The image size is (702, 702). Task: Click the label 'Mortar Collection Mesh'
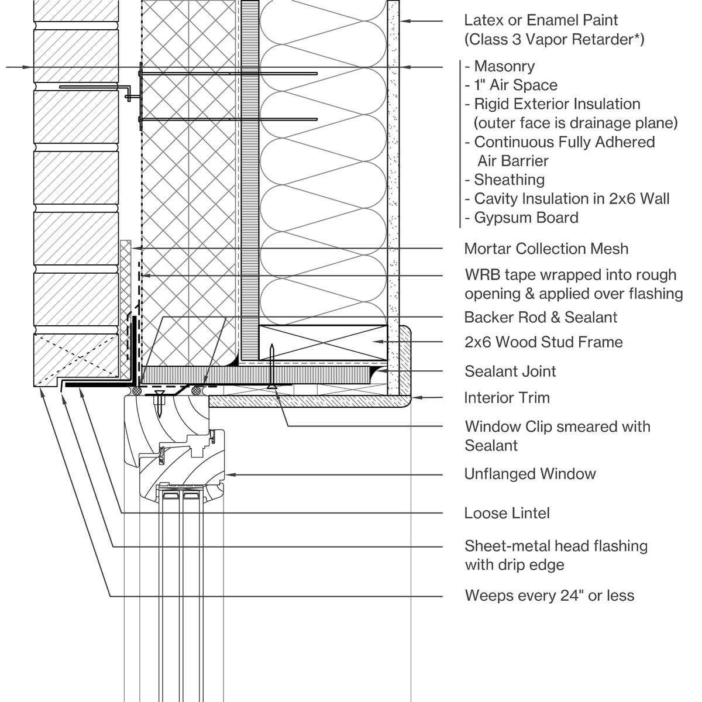coord(546,249)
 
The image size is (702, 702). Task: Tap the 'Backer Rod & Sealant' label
coord(541,317)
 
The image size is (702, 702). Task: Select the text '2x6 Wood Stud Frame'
coord(543,342)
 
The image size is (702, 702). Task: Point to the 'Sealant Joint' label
coord(510,371)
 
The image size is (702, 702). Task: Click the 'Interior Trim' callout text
coord(507,398)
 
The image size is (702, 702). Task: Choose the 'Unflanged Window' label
coord(530,474)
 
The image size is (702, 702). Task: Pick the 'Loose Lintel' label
coord(507,513)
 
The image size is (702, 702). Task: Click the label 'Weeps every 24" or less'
coord(549,596)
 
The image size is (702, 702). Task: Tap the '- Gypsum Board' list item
coord(521,218)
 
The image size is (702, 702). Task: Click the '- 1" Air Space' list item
coord(511,85)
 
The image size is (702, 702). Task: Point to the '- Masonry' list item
coord(500,66)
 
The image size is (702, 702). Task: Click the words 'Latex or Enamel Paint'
coord(541,20)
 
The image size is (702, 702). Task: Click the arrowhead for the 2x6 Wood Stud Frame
coord(378,341)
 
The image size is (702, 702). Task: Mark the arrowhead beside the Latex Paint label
coord(404,21)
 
